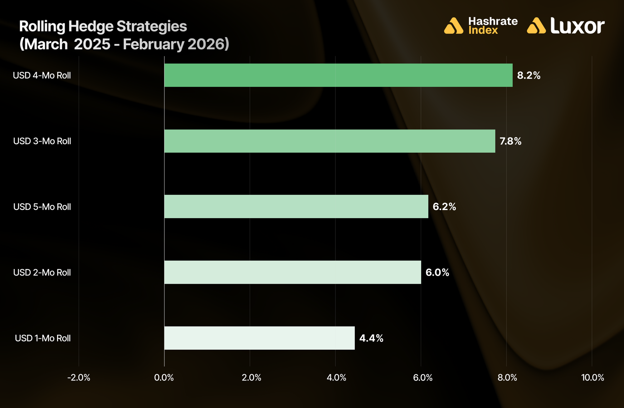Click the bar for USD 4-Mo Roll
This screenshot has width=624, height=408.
point(338,75)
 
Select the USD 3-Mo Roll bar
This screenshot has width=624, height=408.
point(329,141)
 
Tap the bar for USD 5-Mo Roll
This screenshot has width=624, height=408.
point(296,207)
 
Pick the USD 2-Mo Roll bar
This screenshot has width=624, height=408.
point(292,272)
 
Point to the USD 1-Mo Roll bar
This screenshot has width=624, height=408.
point(259,338)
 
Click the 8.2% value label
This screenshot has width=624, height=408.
point(529,76)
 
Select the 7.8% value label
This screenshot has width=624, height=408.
point(510,141)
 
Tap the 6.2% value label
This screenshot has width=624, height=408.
point(444,207)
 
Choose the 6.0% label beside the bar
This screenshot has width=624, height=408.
point(437,273)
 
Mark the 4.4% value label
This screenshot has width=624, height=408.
point(371,338)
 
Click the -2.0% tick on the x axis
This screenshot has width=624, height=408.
point(79,378)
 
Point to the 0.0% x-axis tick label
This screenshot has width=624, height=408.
point(164,378)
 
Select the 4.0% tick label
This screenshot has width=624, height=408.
point(336,378)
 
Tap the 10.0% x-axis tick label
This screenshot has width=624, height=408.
point(592,378)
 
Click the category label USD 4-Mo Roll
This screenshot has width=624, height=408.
point(42,76)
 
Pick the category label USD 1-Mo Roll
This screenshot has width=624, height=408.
point(43,338)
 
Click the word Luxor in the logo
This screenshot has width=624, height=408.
point(577,26)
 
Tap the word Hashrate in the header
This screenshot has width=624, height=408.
point(493,21)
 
